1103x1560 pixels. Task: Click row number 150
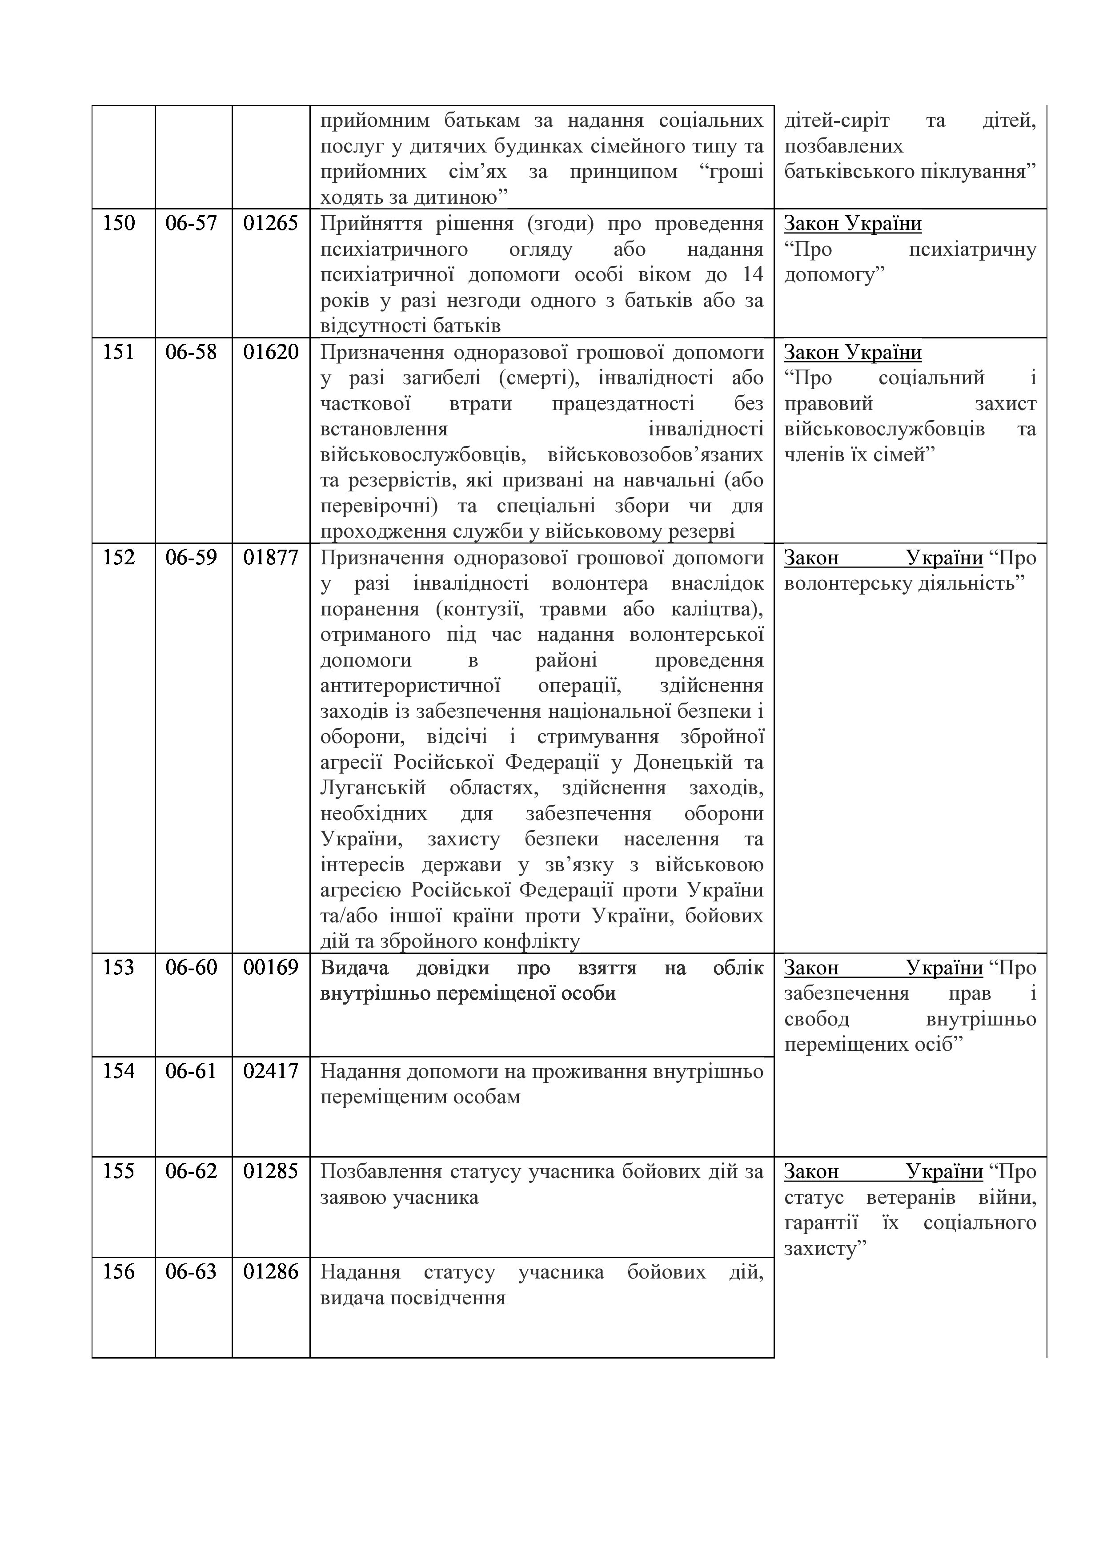click(119, 224)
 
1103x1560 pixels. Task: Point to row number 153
click(119, 968)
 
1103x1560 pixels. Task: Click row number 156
click(119, 1272)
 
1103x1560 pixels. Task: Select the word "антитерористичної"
click(410, 686)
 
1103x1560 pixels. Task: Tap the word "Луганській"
click(373, 788)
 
